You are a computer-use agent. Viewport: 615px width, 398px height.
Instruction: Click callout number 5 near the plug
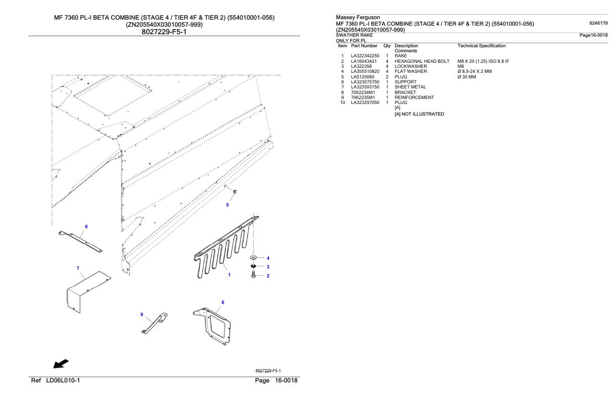point(227,205)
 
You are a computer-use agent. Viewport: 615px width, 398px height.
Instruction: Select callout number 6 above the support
point(86,227)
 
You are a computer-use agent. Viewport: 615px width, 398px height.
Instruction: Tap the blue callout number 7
point(78,268)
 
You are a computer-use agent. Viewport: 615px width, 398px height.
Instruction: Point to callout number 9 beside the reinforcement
point(142,315)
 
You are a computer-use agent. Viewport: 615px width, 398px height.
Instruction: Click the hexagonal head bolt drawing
point(253,274)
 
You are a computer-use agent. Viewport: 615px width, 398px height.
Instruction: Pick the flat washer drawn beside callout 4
point(253,257)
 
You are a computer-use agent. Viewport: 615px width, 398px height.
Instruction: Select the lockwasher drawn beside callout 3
point(253,266)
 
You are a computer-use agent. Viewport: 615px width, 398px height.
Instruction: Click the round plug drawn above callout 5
point(235,191)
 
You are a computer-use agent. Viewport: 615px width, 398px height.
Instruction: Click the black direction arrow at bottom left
point(61,364)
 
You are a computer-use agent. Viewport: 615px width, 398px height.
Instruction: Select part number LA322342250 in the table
point(365,56)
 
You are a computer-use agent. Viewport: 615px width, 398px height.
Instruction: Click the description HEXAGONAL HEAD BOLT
point(422,61)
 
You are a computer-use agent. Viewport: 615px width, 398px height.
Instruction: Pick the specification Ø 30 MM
point(467,77)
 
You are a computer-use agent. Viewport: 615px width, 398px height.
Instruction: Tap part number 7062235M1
point(363,97)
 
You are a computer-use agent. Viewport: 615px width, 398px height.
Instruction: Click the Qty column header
point(387,46)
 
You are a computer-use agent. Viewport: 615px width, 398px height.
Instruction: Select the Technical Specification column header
point(481,46)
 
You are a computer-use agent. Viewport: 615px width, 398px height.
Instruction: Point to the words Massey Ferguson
point(358,17)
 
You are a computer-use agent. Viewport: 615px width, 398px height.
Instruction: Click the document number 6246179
point(598,23)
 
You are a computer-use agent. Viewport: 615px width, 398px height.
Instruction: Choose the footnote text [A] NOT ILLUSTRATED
point(419,114)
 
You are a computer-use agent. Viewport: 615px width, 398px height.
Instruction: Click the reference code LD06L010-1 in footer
point(63,380)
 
